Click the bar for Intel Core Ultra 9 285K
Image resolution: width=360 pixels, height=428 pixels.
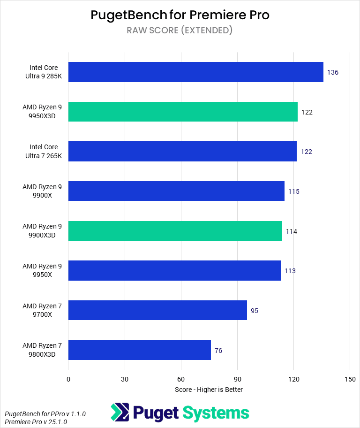coord(195,72)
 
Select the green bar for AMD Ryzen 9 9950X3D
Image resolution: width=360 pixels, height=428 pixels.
coord(183,112)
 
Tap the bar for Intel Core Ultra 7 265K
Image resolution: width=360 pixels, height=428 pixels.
coord(182,151)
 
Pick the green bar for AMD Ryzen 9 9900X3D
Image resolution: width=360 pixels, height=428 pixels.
coord(175,231)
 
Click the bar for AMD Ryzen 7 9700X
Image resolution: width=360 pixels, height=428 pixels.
coord(157,310)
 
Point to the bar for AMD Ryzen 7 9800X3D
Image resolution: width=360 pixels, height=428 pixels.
coord(140,350)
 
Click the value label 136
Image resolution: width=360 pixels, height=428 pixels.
coord(333,73)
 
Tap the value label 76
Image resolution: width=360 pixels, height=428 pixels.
coord(218,351)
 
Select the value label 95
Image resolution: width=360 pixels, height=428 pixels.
coord(255,311)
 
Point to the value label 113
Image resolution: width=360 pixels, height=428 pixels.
coord(290,271)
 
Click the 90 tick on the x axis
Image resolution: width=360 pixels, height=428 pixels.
coord(237,379)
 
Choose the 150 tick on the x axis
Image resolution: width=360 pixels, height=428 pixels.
coord(350,379)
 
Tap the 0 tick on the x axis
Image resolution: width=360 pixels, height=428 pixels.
coord(68,379)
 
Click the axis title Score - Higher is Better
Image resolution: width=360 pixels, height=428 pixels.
coord(209,390)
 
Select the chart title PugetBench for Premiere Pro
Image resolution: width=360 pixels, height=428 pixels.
coord(180,15)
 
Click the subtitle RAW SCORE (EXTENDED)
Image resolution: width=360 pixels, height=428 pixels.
coord(180,31)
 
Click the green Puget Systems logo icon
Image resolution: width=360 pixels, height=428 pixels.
coord(120,413)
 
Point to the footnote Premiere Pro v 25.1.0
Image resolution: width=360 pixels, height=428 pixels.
coord(36,422)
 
